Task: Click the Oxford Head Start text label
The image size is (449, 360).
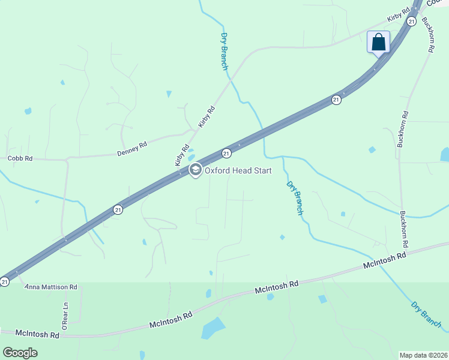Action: point(238,170)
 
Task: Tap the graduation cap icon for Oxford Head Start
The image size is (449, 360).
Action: point(195,170)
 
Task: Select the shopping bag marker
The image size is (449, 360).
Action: point(378,43)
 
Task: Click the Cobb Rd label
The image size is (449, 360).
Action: point(20,158)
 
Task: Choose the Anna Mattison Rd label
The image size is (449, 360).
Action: point(51,287)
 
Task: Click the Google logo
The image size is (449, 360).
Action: point(20,352)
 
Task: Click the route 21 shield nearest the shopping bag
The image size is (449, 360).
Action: point(411,21)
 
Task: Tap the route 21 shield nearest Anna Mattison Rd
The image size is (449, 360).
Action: point(5,281)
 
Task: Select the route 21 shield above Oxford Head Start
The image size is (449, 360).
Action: point(226,154)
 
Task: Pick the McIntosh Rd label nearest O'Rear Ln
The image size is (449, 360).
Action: point(37,333)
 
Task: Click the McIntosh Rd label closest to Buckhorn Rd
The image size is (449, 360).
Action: point(385,260)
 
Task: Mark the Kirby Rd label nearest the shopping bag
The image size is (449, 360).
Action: point(398,15)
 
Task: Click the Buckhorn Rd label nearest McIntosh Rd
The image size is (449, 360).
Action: point(405,230)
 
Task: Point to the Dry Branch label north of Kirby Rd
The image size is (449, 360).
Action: point(224,52)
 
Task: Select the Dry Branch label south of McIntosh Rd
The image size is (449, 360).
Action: point(426,314)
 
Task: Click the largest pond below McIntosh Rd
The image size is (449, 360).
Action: point(213,328)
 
